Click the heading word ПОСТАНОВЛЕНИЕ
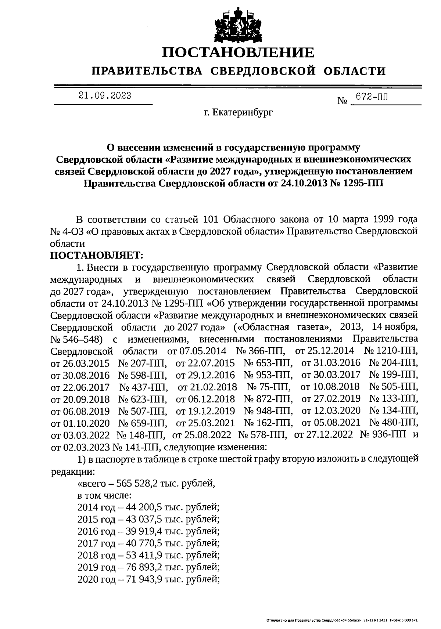[239, 53]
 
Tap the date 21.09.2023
[105, 96]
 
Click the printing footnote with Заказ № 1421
[342, 621]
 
